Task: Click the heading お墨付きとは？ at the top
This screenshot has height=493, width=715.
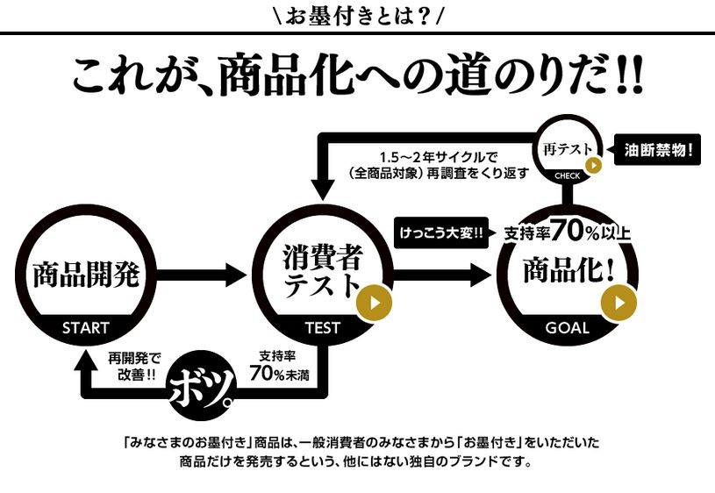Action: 358,16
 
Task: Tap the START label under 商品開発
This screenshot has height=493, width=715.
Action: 86,328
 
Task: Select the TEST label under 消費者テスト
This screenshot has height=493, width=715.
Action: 322,328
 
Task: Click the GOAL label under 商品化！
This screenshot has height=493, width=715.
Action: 567,328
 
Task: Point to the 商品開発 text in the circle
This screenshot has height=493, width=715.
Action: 86,275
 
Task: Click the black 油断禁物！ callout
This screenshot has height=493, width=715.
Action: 658,149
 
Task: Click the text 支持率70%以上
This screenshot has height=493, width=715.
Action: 567,232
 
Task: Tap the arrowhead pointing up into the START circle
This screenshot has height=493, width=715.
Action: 87,354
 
